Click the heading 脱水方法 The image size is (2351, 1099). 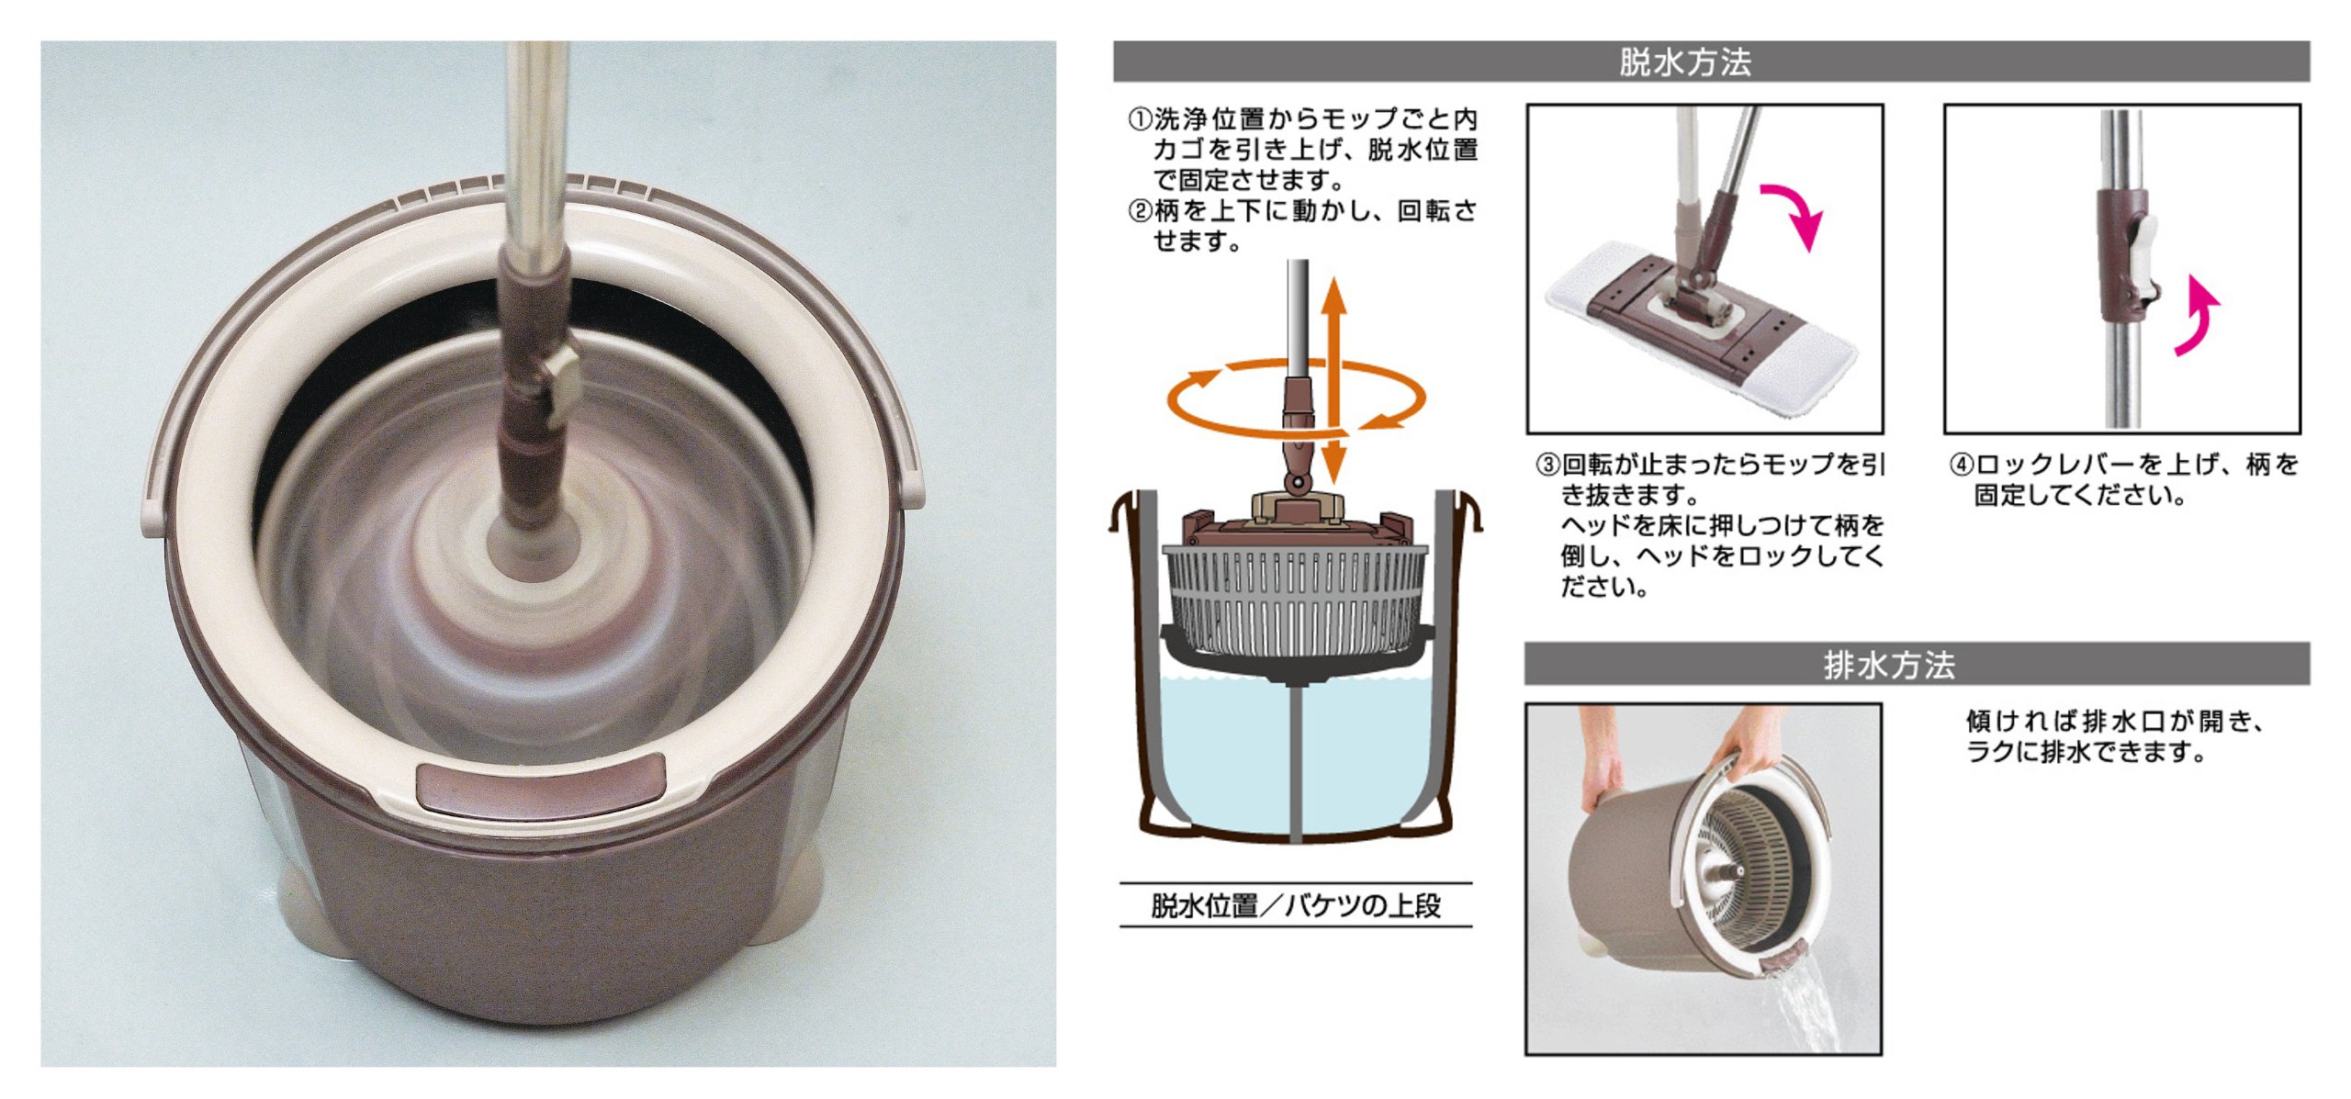point(1685,62)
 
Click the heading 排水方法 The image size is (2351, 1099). point(1890,665)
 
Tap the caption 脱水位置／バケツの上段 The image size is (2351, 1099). point(1296,906)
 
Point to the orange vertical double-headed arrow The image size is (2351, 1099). point(1334,380)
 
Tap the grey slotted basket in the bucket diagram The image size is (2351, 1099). point(1296,601)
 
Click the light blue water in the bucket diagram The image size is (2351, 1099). point(1296,753)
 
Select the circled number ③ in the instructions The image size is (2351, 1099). point(1548,465)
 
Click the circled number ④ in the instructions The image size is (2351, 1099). point(1962,465)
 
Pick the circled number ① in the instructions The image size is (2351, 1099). point(1140,119)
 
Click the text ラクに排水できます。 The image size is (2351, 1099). point(2086,752)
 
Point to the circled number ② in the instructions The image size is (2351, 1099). point(1140,211)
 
